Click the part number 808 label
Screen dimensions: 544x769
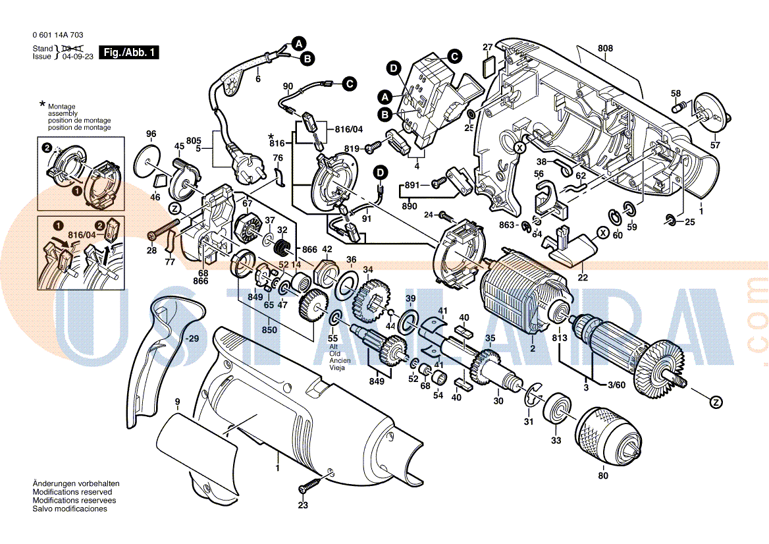[x=606, y=48]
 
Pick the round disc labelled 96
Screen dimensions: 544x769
[x=151, y=162]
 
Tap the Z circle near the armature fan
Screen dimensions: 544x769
[x=716, y=401]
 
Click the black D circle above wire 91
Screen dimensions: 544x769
[x=381, y=173]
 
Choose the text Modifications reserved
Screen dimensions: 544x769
[x=72, y=492]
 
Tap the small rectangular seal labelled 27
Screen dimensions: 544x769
[x=488, y=65]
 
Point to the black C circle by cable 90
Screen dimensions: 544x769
[x=349, y=84]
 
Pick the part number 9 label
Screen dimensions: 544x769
[x=177, y=401]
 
